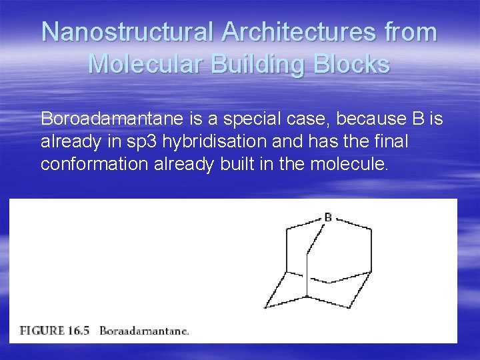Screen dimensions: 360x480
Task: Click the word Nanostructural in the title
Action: click(x=127, y=33)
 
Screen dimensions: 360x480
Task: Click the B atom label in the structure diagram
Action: click(x=328, y=217)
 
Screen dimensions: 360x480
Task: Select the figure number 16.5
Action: click(x=83, y=330)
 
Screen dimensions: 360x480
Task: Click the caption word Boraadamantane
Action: click(x=144, y=331)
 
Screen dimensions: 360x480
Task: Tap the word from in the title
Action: click(x=408, y=33)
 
